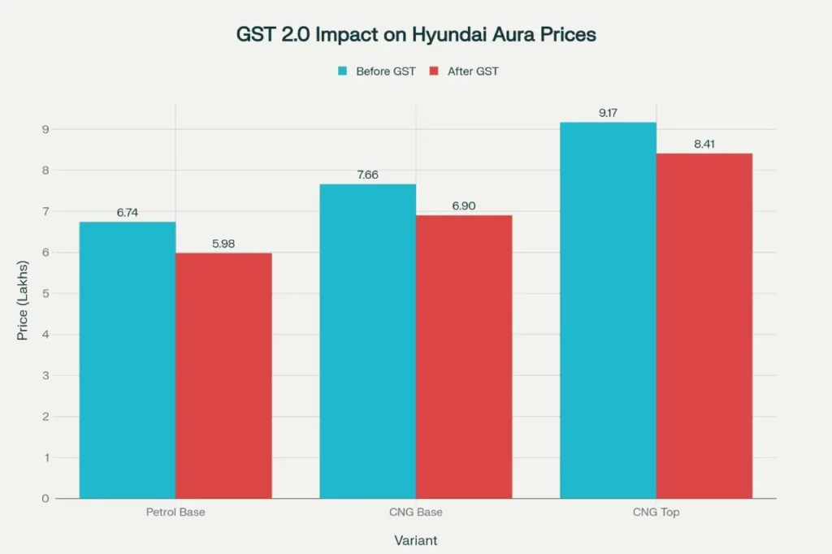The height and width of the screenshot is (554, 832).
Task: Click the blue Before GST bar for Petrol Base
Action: [128, 360]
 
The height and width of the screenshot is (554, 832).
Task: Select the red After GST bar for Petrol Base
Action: [223, 375]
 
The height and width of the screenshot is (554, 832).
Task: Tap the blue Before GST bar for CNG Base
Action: [367, 341]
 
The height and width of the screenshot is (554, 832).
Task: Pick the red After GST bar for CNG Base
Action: [464, 357]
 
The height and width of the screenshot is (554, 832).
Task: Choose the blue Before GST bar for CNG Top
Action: [608, 310]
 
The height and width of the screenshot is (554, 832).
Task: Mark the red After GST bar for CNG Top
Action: [704, 326]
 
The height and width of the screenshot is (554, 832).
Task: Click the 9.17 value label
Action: [608, 113]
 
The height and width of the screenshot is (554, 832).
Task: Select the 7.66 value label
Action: [367, 175]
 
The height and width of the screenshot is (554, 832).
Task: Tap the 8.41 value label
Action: [704, 145]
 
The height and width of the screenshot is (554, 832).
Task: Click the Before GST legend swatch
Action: [343, 71]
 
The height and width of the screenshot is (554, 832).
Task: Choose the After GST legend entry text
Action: [473, 71]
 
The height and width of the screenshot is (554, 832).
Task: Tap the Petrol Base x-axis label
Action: [175, 513]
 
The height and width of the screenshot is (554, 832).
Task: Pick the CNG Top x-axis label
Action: [656, 513]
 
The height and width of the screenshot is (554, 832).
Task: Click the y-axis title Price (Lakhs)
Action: [23, 301]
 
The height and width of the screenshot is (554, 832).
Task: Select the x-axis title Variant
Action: [417, 540]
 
